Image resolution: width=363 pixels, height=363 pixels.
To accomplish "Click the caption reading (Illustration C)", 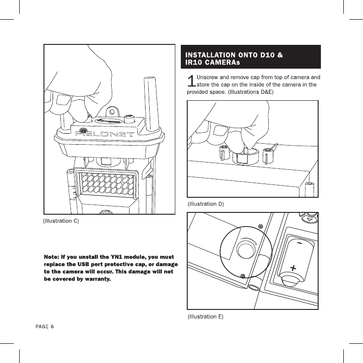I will (61, 222).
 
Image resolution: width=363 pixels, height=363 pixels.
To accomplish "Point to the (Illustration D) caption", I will (206, 203).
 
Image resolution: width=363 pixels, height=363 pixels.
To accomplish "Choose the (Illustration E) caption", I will (206, 316).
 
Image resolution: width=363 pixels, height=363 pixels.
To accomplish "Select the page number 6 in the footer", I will (52, 327).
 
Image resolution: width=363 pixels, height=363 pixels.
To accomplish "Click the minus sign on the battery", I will (298, 243).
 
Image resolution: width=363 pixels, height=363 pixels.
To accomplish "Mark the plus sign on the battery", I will (292, 266).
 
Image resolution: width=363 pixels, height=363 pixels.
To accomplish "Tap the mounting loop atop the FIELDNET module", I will (112, 111).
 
